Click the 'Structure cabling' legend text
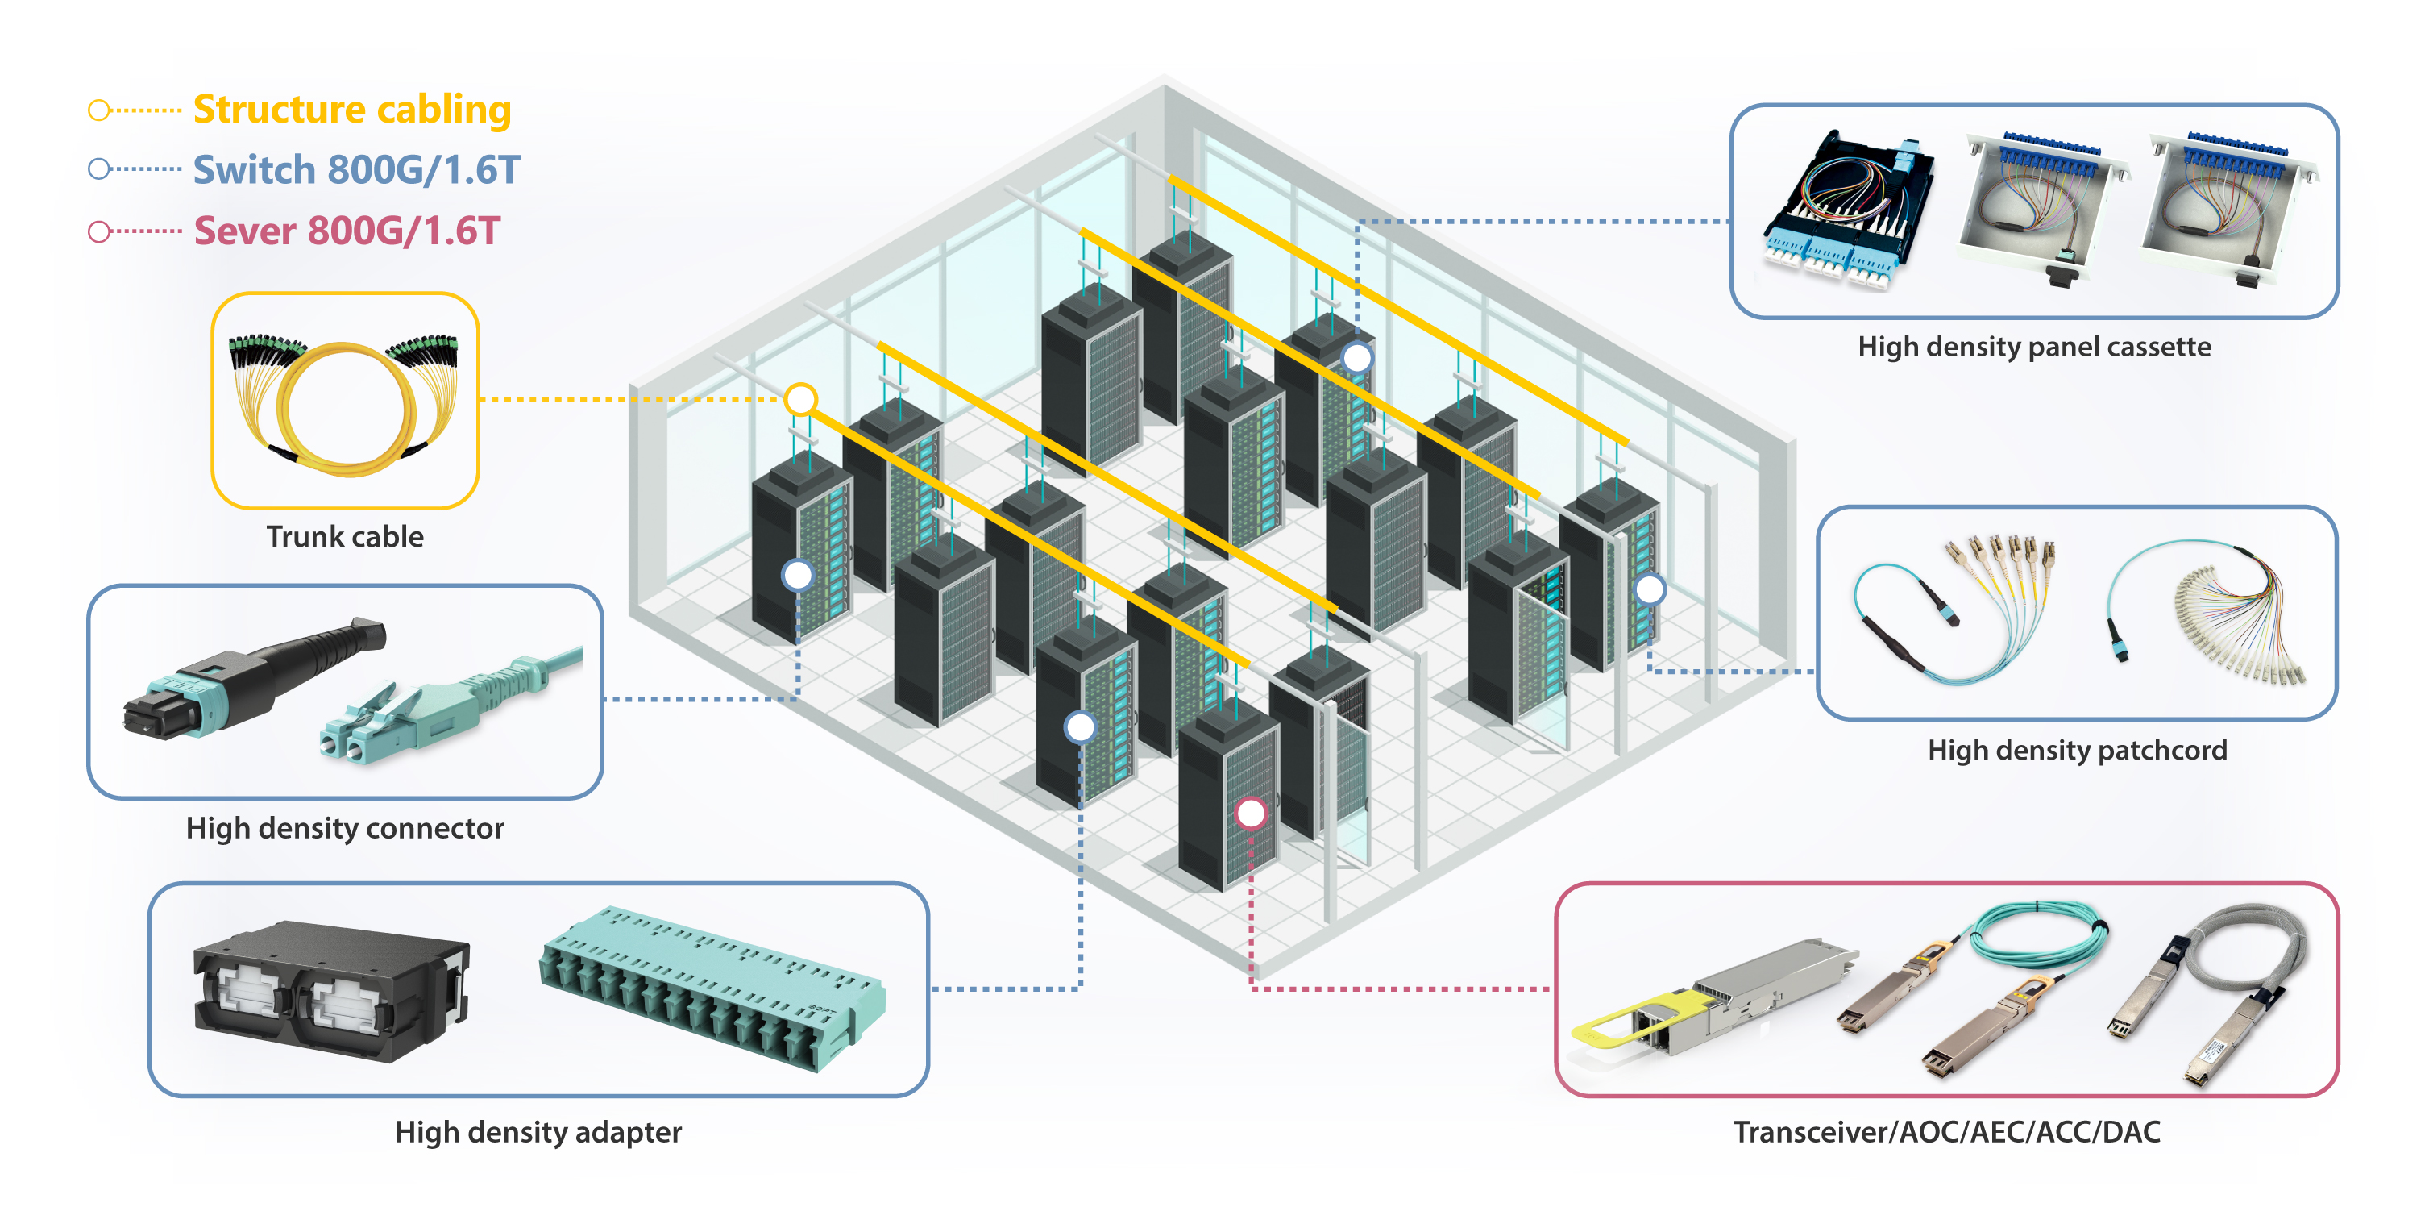point(351,110)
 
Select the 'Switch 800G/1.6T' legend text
point(355,170)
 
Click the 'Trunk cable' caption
point(344,537)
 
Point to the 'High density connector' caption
point(344,828)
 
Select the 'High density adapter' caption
point(538,1132)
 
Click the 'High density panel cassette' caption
point(2034,348)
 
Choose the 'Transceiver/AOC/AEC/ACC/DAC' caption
point(1946,1132)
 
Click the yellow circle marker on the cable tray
point(800,399)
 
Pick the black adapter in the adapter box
point(330,990)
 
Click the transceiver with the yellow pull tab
point(1707,1000)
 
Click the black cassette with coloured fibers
point(1848,212)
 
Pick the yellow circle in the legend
point(99,110)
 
